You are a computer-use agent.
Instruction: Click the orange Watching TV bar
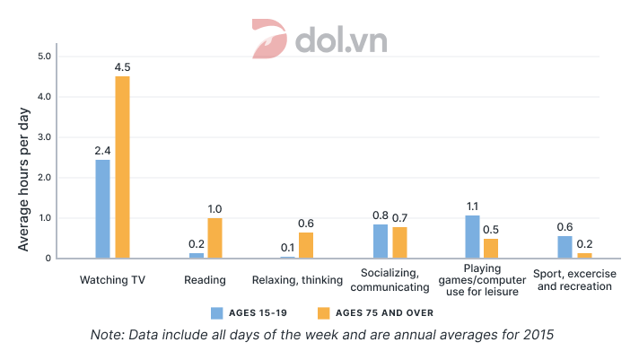pyautogui.click(x=122, y=168)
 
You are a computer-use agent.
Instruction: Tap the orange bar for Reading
pyautogui.click(x=214, y=238)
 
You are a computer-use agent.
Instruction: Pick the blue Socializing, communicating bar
pyautogui.click(x=381, y=241)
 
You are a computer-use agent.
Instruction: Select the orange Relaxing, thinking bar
pyautogui.click(x=306, y=246)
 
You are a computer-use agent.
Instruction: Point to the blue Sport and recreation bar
pyautogui.click(x=565, y=247)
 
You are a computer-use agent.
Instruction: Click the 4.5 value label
pyautogui.click(x=122, y=66)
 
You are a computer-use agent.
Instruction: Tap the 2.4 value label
pyautogui.click(x=102, y=150)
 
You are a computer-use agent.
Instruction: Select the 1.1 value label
pyautogui.click(x=472, y=206)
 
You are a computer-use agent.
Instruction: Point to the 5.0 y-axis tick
pyautogui.click(x=43, y=57)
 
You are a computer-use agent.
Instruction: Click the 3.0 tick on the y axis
pyautogui.click(x=43, y=137)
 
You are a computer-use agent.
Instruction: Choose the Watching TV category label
pyautogui.click(x=112, y=280)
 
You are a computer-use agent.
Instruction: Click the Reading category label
pyautogui.click(x=205, y=280)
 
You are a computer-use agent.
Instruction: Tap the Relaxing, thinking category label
pyautogui.click(x=297, y=280)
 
